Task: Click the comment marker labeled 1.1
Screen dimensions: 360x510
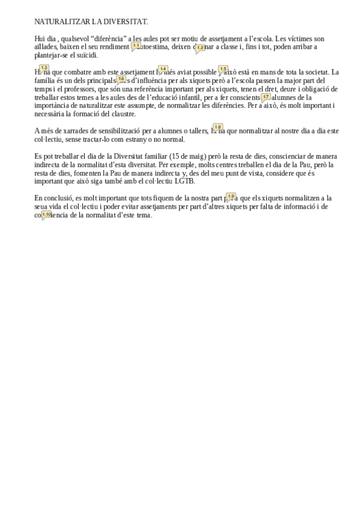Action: pos(136,46)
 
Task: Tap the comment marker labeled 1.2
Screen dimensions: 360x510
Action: pos(200,48)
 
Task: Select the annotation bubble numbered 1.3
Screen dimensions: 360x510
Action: pos(44,69)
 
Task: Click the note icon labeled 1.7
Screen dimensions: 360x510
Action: pos(266,97)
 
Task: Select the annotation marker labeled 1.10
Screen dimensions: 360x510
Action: pos(46,214)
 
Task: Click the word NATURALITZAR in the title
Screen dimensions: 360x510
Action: pos(62,22)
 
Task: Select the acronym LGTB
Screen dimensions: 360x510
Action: pos(185,181)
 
